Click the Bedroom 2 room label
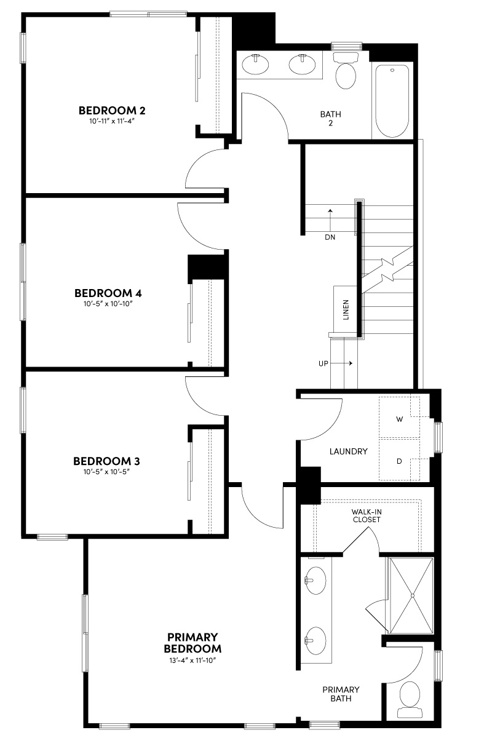point(111,111)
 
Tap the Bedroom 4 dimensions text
point(103,304)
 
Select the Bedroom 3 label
point(103,461)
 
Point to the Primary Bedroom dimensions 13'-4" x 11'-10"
point(193,660)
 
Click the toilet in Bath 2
point(346,74)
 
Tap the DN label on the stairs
point(330,237)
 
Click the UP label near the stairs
point(323,363)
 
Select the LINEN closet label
point(346,310)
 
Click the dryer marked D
point(399,459)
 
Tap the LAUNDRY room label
point(348,451)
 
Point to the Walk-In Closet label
point(366,515)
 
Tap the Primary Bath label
point(341,694)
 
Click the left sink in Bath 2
point(254,64)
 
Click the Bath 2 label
point(330,118)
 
